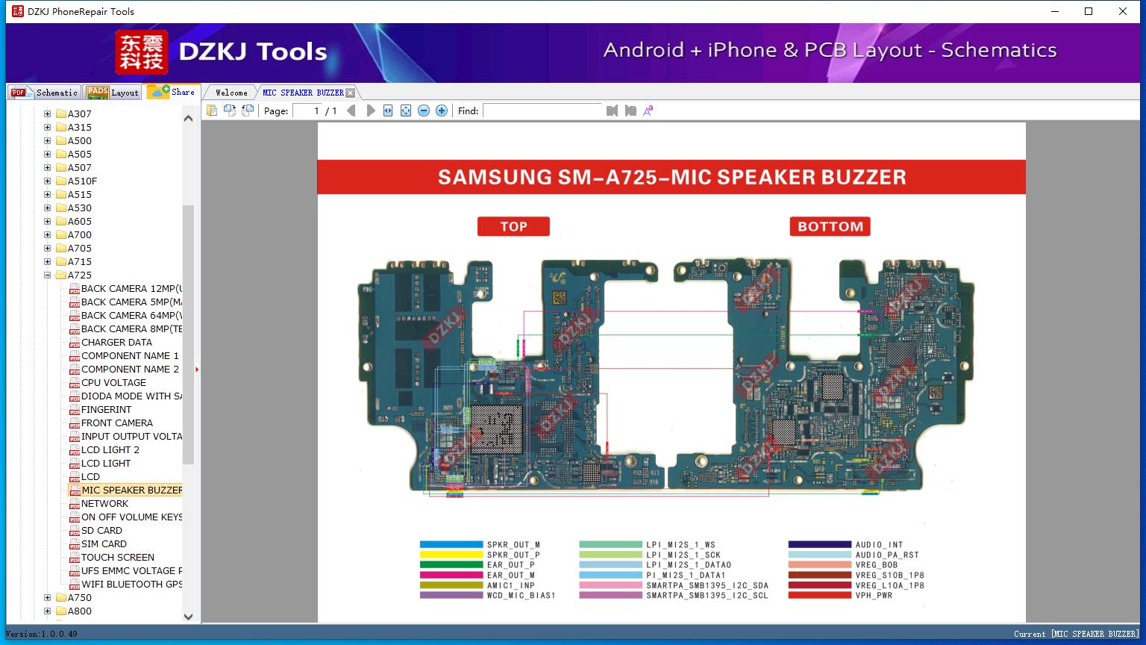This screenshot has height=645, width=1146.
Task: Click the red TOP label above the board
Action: pos(513,226)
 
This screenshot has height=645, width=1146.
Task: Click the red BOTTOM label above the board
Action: pos(830,226)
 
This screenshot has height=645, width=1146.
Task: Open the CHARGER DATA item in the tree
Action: pos(116,343)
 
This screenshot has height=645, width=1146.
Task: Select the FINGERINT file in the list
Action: pos(106,410)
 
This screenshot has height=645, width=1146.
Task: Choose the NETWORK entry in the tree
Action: pos(104,504)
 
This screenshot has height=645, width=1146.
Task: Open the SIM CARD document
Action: pos(104,544)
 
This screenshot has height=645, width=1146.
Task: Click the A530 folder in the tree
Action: pos(79,208)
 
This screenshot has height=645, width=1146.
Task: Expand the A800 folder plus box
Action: pos(48,611)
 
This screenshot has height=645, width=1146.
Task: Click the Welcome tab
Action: pos(231,93)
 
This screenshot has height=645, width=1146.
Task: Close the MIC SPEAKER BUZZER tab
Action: pos(351,93)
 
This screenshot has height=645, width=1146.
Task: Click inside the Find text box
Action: pos(542,110)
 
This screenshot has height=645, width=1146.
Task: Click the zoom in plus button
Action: pos(442,110)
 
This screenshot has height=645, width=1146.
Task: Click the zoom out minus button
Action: pos(424,110)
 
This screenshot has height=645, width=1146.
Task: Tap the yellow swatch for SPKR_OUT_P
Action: pos(451,555)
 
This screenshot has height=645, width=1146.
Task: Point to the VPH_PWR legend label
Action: pos(874,596)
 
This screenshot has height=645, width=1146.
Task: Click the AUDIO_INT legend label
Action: pos(879,545)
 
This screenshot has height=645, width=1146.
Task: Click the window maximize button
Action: pos(1089,11)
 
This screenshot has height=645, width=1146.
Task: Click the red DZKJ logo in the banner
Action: pos(141,52)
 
